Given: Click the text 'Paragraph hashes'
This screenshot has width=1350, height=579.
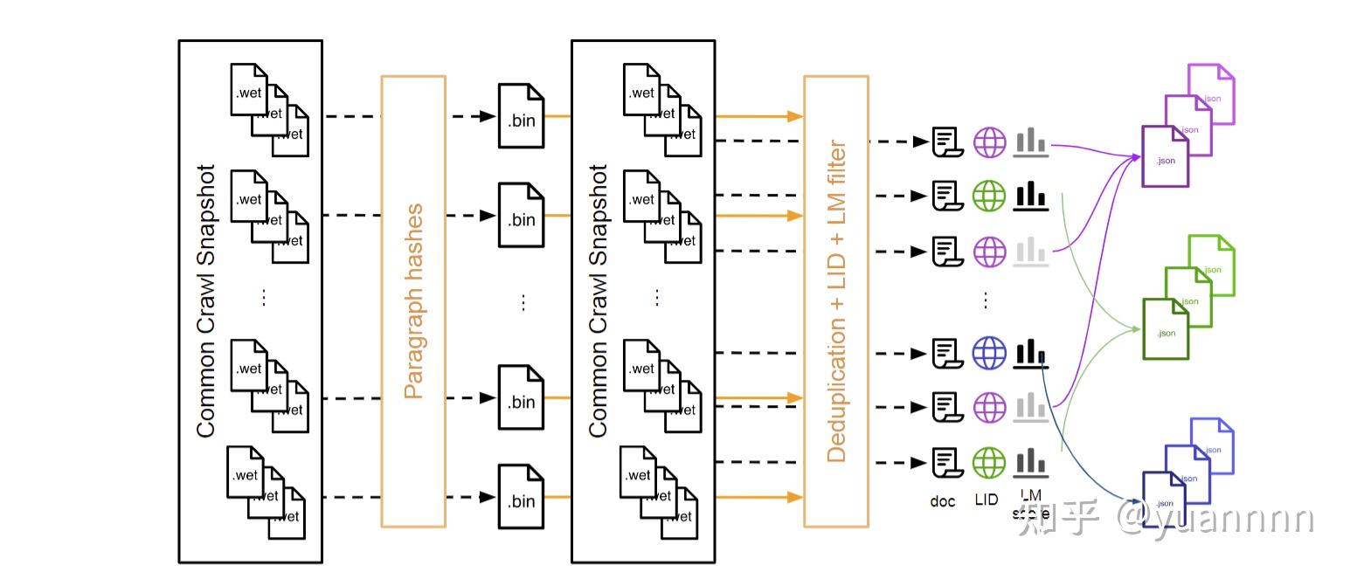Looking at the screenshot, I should click(413, 301).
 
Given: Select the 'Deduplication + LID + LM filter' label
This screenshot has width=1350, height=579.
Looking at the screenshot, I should click(836, 301).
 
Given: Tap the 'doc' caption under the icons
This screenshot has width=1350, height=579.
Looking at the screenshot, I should click(943, 501).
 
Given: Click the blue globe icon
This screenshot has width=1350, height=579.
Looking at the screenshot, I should click(989, 353).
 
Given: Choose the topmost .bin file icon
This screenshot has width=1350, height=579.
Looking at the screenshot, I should click(521, 116).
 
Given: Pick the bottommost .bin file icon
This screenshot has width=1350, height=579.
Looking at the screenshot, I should click(521, 497).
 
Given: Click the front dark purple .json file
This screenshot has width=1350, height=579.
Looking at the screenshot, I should click(1166, 157).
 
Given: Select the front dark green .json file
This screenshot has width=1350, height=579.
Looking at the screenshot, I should click(1166, 329).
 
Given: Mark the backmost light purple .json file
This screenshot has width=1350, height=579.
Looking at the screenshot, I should click(1212, 93).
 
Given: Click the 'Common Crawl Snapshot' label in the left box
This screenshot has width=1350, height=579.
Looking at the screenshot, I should click(206, 301).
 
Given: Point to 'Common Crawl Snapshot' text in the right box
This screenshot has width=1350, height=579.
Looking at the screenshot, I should click(599, 301).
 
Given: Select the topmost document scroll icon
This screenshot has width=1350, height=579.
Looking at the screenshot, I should click(945, 141).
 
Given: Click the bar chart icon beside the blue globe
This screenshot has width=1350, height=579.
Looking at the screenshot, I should click(1031, 353).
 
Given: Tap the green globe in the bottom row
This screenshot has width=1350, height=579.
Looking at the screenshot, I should click(989, 462).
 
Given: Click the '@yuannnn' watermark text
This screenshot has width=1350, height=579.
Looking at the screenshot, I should click(1215, 519).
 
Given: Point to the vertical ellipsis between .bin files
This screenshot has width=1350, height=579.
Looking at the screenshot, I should click(523, 301).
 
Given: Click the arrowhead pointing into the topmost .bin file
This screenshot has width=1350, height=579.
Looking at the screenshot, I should click(488, 116).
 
